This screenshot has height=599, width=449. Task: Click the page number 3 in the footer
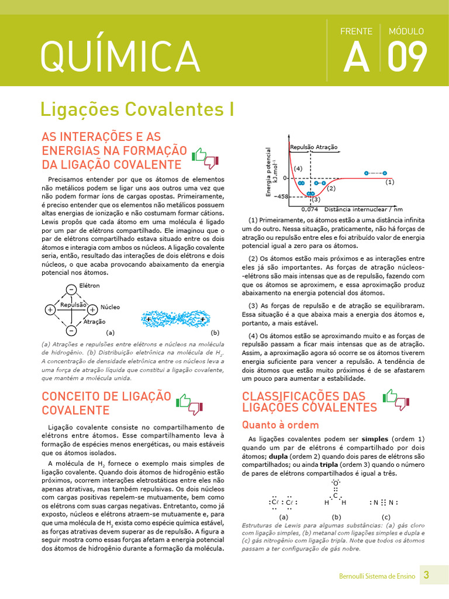(426, 575)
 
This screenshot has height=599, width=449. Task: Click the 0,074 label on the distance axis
(309, 209)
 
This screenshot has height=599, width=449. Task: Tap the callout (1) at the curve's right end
(390, 182)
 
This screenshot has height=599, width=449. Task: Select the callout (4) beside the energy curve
(298, 168)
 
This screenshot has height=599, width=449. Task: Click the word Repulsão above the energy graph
(302, 147)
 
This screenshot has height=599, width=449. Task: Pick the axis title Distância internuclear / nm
(364, 209)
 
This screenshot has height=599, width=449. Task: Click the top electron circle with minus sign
(71, 289)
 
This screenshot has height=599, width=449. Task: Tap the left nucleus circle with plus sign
(50, 309)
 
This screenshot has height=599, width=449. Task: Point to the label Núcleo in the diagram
(110, 307)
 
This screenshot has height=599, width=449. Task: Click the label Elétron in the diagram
(89, 285)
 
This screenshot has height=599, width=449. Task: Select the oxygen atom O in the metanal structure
(336, 482)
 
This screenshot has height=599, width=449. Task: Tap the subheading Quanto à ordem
(281, 425)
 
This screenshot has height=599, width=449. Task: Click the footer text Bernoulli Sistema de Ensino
(377, 576)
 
